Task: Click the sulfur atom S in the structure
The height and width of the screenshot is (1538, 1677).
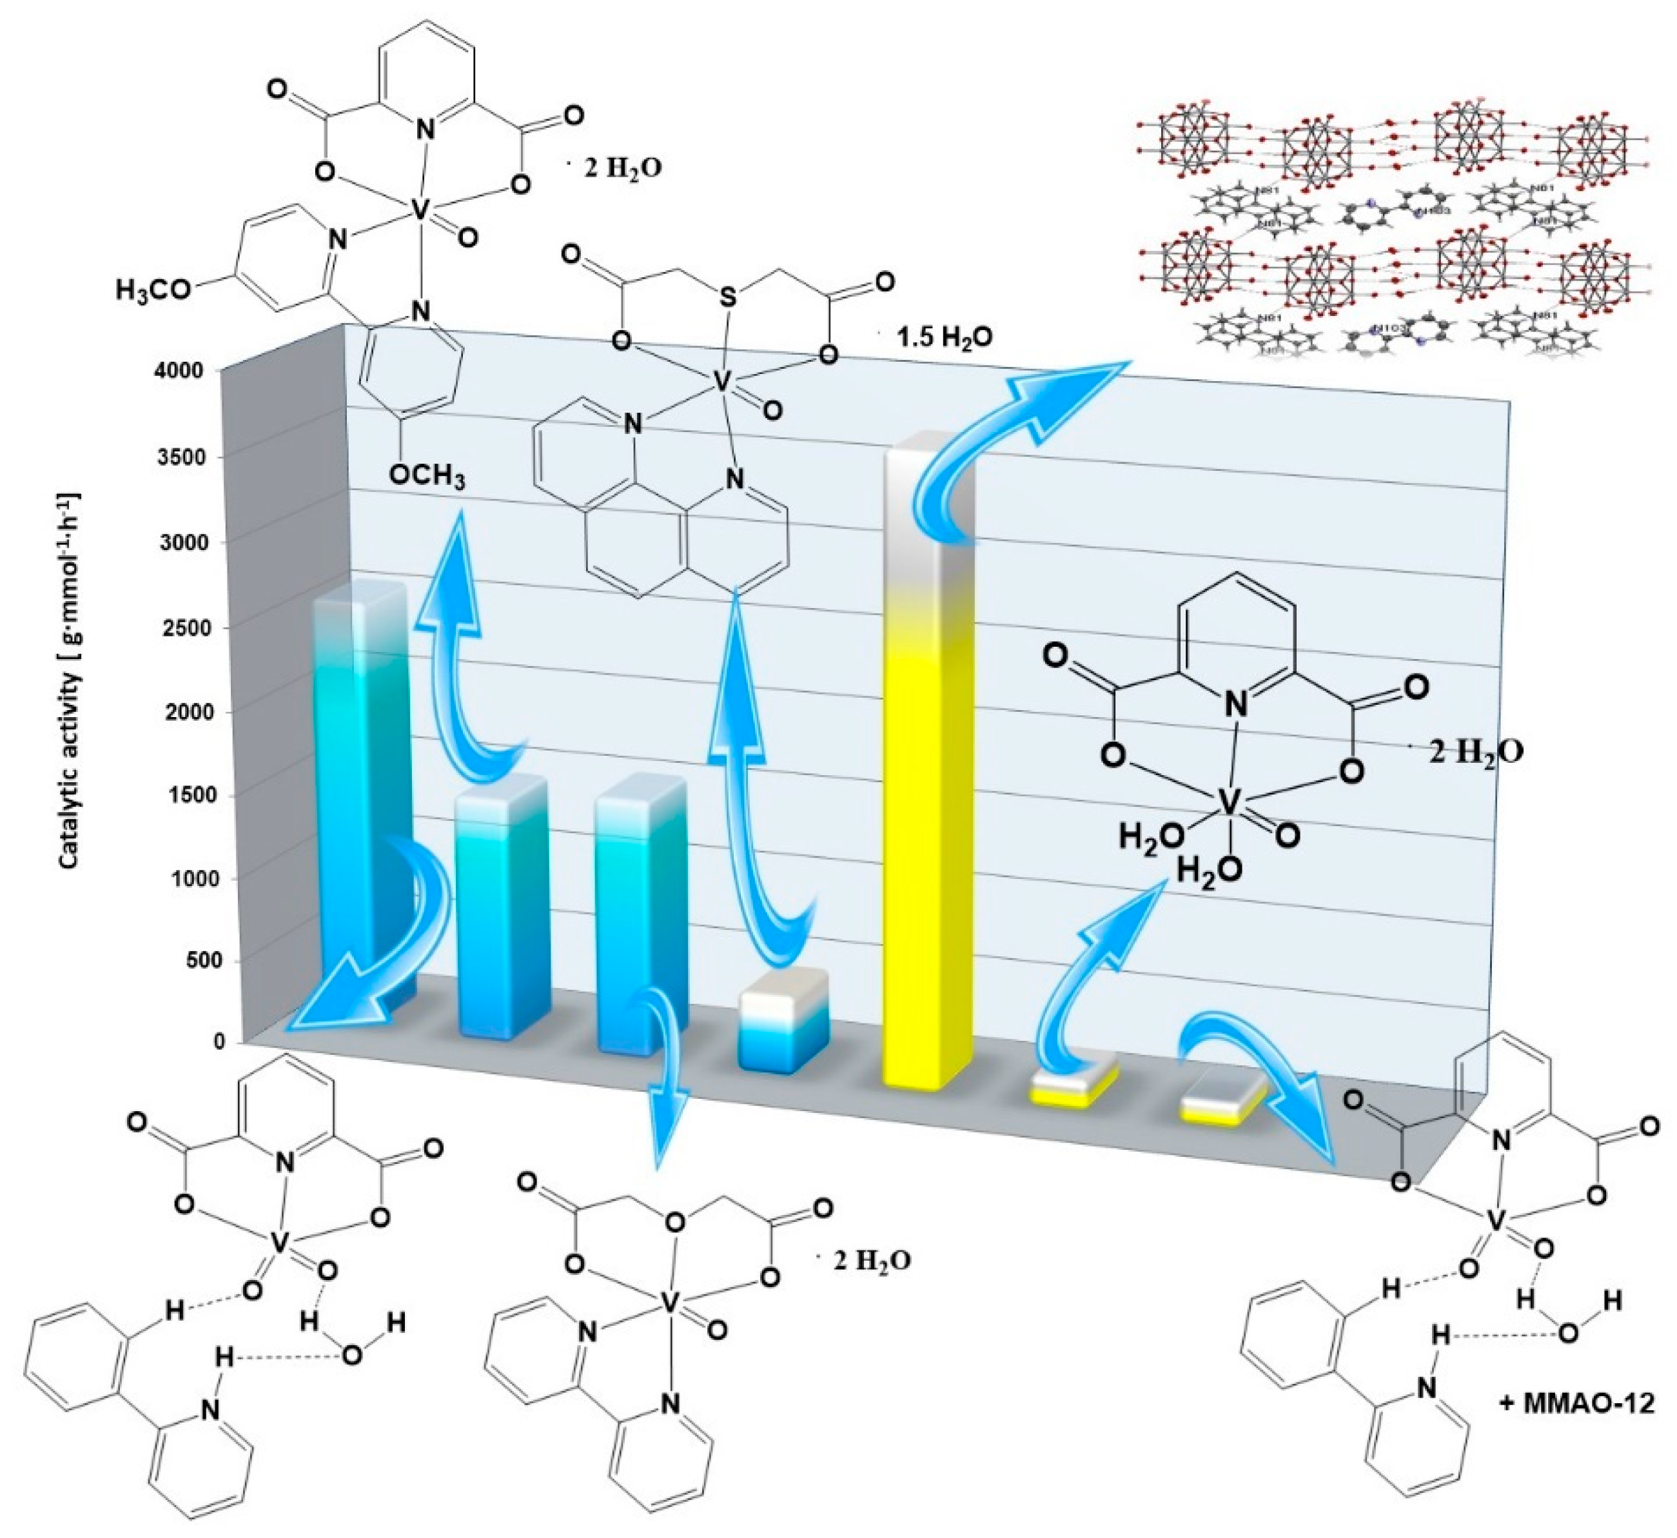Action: [728, 298]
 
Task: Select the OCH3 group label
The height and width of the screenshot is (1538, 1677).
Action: [427, 478]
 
